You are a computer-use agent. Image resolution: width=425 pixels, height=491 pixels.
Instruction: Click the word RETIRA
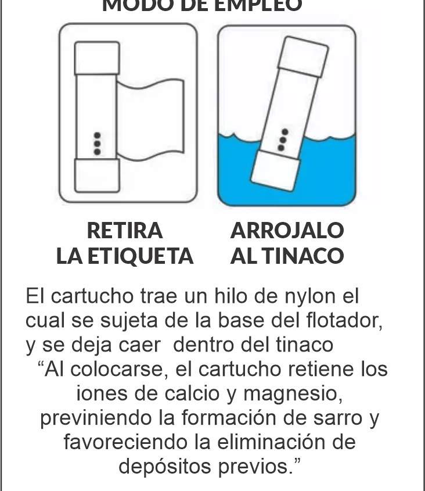125,231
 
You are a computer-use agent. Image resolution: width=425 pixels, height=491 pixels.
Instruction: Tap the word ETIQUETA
140,256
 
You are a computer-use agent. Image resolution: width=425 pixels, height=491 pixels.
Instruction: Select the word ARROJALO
287,231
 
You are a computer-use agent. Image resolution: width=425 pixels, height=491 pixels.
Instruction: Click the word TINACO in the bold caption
302,256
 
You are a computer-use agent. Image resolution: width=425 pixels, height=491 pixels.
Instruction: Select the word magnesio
293,394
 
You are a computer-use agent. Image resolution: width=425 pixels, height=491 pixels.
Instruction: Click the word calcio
192,393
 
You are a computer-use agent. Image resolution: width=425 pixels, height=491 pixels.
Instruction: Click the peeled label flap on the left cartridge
150,120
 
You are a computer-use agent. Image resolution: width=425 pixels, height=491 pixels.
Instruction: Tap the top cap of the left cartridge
97,58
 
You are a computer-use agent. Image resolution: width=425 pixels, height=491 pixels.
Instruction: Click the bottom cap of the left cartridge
97,175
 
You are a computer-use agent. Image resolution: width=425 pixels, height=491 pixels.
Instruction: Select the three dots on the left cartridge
97,144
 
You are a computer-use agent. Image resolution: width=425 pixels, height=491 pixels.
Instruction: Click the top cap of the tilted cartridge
303,57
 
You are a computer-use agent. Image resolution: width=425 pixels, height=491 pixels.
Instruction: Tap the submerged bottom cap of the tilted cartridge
275,170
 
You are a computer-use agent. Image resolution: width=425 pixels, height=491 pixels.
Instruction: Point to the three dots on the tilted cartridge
283,139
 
